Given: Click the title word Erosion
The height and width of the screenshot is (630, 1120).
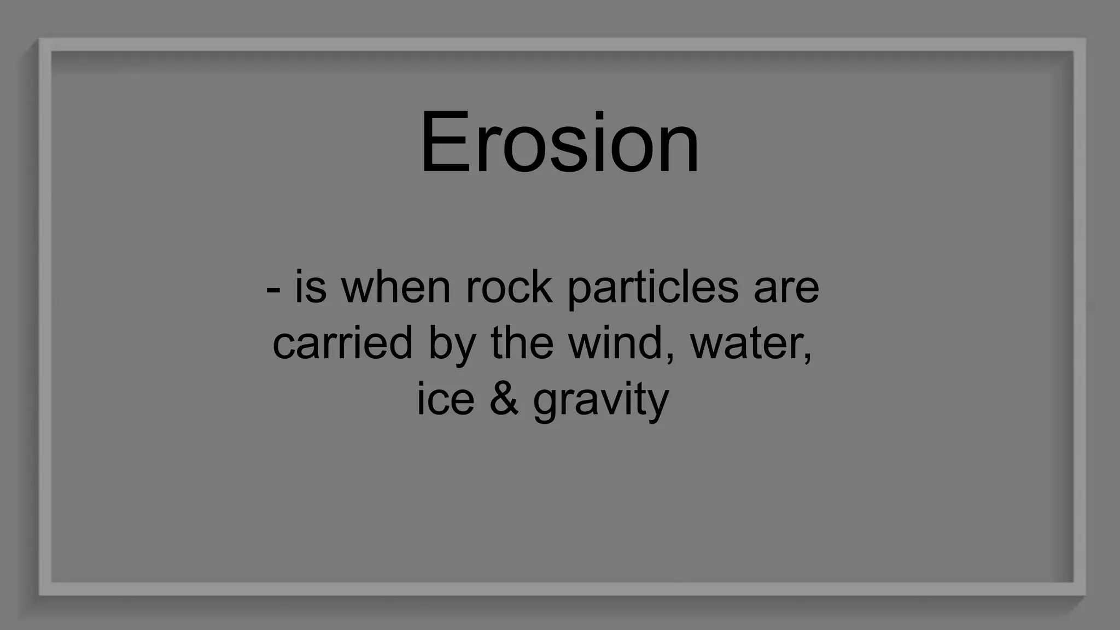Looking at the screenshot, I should pyautogui.click(x=559, y=143).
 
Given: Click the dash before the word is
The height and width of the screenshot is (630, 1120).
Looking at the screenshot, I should pyautogui.click(x=273, y=290).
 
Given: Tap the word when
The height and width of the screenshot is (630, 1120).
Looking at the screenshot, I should pyautogui.click(x=396, y=288).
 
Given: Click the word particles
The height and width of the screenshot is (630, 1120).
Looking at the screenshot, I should pyautogui.click(x=653, y=288).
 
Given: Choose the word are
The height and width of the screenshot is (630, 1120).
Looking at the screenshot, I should pyautogui.click(x=786, y=289).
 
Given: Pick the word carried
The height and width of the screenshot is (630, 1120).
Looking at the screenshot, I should pyautogui.click(x=342, y=343).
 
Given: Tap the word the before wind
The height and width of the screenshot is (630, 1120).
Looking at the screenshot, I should pyautogui.click(x=522, y=342).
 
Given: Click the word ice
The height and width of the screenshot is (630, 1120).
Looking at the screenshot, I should pyautogui.click(x=445, y=399).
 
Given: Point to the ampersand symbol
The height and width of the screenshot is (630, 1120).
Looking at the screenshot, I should pyautogui.click(x=504, y=399).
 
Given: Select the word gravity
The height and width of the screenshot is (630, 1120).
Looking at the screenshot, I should pyautogui.click(x=600, y=400).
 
